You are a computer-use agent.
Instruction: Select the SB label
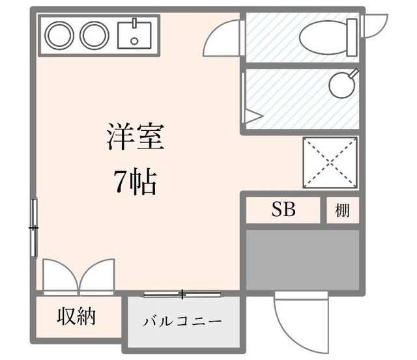click(x=283, y=210)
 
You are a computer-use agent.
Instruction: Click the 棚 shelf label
click(x=342, y=210)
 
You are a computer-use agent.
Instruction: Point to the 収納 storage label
click(x=77, y=316)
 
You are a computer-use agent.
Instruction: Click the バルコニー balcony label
click(x=182, y=322)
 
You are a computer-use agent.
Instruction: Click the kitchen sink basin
click(x=134, y=35)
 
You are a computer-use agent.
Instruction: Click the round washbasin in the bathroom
click(x=340, y=84)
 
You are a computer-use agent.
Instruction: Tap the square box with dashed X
click(x=330, y=163)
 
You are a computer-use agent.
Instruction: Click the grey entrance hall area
click(x=302, y=258)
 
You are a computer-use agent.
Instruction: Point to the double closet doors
click(x=79, y=277)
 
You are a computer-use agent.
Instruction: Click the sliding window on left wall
click(x=33, y=228)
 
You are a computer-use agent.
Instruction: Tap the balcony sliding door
click(x=183, y=294)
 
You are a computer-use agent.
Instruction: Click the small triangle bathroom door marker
click(x=252, y=118)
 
